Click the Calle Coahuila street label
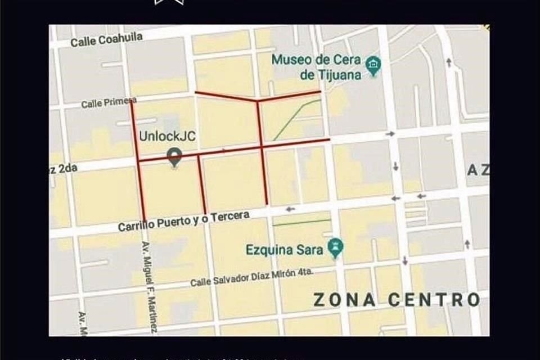click(x=107, y=39)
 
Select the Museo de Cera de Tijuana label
click(x=316, y=67)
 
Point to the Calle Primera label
click(x=109, y=102)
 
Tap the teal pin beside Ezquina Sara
click(x=336, y=247)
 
